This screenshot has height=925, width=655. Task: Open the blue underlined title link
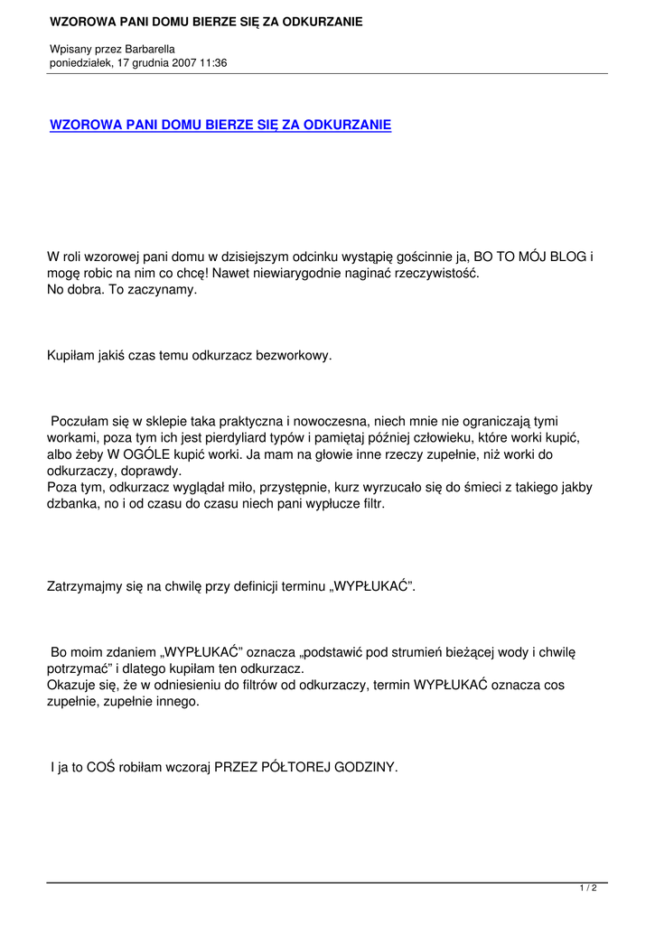(220, 125)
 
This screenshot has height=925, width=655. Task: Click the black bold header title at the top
(207, 21)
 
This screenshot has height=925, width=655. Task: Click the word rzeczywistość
(437, 274)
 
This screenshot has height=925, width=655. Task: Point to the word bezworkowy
(296, 356)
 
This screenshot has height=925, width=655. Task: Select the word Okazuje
(73, 685)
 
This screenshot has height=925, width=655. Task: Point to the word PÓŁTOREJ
(297, 767)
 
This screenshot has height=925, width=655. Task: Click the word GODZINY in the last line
(364, 767)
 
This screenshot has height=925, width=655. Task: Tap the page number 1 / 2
(587, 889)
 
